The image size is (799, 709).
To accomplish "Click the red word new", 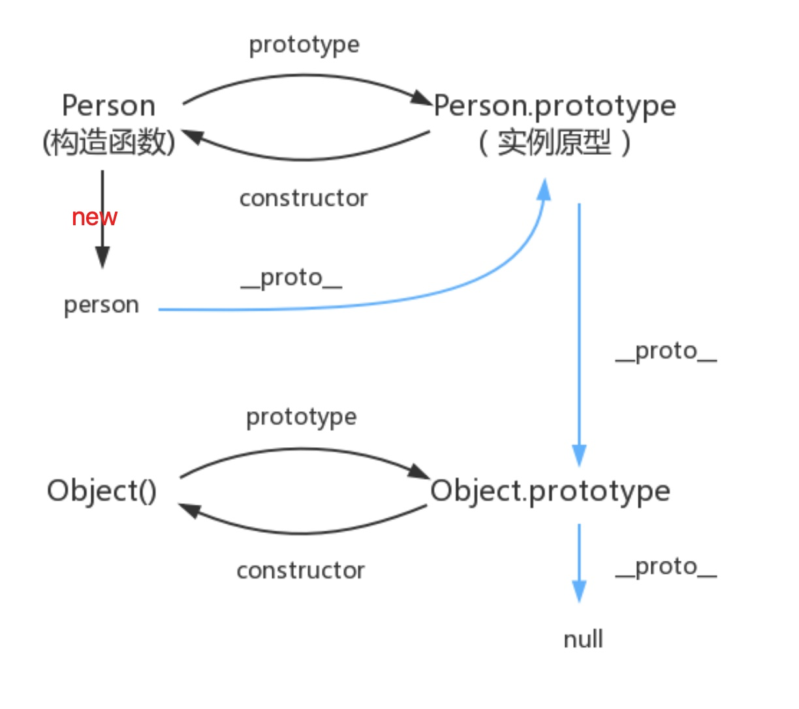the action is click(x=94, y=217).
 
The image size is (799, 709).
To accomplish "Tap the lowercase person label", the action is click(x=101, y=306).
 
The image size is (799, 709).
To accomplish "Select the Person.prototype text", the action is click(x=554, y=106).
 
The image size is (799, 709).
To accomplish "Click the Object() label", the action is click(x=102, y=491).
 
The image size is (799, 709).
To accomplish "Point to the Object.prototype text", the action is click(x=550, y=492).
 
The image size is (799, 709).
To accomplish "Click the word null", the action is click(x=584, y=638).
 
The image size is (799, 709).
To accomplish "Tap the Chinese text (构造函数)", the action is click(x=109, y=142).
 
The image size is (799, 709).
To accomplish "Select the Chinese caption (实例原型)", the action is click(x=554, y=142).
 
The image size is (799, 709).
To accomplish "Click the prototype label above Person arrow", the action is click(x=304, y=45).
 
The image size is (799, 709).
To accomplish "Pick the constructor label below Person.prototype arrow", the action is click(x=304, y=198).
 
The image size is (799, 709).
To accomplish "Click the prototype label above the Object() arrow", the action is click(x=302, y=418).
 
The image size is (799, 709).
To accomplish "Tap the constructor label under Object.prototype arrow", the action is click(x=300, y=571).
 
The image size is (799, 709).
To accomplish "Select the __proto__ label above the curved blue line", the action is click(x=291, y=279).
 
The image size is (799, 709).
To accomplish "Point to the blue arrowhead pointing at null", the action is click(x=579, y=591).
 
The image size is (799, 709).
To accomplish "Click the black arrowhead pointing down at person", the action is click(x=102, y=257).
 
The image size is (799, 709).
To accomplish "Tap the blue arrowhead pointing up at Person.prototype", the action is click(x=544, y=189).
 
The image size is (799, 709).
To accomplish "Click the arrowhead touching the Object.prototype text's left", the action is click(x=419, y=471).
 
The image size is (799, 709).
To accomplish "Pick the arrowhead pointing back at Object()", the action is click(x=190, y=511).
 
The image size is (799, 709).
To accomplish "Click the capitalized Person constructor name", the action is click(x=109, y=106).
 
